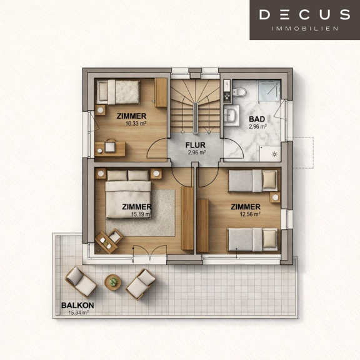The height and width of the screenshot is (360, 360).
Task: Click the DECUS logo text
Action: tap(304, 14)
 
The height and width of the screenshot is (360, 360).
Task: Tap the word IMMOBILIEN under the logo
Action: tap(305, 29)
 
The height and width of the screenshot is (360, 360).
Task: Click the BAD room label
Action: tap(257, 119)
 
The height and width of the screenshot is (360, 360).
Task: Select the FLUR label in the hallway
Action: tap(196, 145)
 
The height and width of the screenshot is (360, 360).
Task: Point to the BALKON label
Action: tap(77, 305)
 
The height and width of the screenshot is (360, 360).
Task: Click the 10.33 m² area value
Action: tap(136, 124)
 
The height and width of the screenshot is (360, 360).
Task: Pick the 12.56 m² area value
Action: tap(250, 214)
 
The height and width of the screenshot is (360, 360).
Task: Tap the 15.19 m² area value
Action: tap(141, 214)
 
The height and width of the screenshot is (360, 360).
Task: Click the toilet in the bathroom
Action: tap(239, 92)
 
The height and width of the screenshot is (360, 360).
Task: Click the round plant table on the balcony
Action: tap(112, 282)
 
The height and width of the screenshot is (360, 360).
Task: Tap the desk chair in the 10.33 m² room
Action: tap(110, 146)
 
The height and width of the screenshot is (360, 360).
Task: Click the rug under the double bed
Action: tap(163, 212)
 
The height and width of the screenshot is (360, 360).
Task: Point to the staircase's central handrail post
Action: tap(196, 118)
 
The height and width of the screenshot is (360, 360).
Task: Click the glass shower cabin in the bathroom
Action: tap(269, 90)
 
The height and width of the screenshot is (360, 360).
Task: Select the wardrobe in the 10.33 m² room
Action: tap(161, 92)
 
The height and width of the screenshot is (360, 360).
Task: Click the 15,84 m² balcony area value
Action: tap(79, 312)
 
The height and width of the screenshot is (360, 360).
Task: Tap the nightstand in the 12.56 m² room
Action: tap(275, 197)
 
